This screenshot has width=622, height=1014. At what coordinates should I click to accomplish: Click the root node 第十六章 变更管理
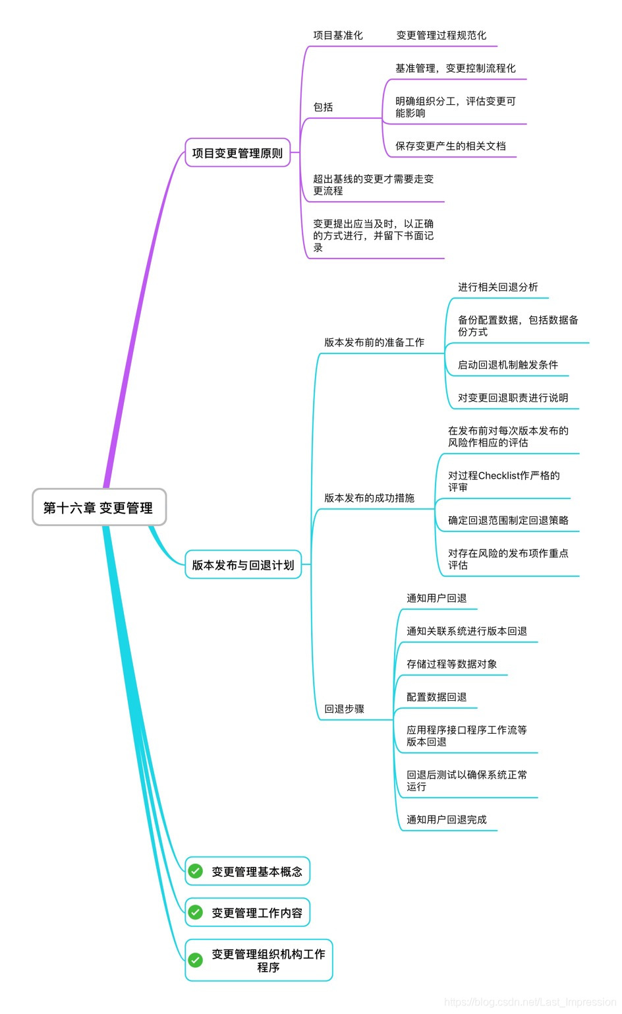[x=99, y=508]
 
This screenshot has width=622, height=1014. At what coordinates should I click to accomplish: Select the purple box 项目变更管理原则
[x=237, y=153]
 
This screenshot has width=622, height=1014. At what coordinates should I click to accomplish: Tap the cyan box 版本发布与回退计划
[x=243, y=565]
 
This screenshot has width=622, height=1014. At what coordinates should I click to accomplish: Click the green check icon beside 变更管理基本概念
[x=196, y=871]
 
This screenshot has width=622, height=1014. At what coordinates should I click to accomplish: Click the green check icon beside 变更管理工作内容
[x=196, y=912]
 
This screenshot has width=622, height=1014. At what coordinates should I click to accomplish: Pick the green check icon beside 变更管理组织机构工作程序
[x=196, y=960]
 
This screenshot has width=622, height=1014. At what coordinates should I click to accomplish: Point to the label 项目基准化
[x=338, y=36]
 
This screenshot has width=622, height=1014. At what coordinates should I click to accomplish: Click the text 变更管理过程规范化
[x=441, y=36]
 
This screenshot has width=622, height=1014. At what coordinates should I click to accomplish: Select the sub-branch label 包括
[x=323, y=107]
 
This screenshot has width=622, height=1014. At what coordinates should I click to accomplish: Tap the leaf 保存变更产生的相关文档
[x=451, y=146]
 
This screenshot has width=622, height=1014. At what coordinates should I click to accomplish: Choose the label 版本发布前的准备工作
[x=374, y=343]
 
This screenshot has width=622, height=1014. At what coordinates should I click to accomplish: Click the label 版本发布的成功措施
[x=369, y=498]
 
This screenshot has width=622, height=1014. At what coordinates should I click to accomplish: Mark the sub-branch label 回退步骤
[x=344, y=709]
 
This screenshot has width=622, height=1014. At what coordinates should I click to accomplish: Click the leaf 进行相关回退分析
[x=498, y=287]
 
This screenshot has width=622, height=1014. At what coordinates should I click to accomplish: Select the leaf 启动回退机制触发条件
[x=508, y=365]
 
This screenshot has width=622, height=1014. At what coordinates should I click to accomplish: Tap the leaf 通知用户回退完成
[x=447, y=820]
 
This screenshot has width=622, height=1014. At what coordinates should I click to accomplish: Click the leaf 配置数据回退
[x=437, y=698]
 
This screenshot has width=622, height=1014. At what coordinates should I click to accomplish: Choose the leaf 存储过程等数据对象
[x=452, y=665]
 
